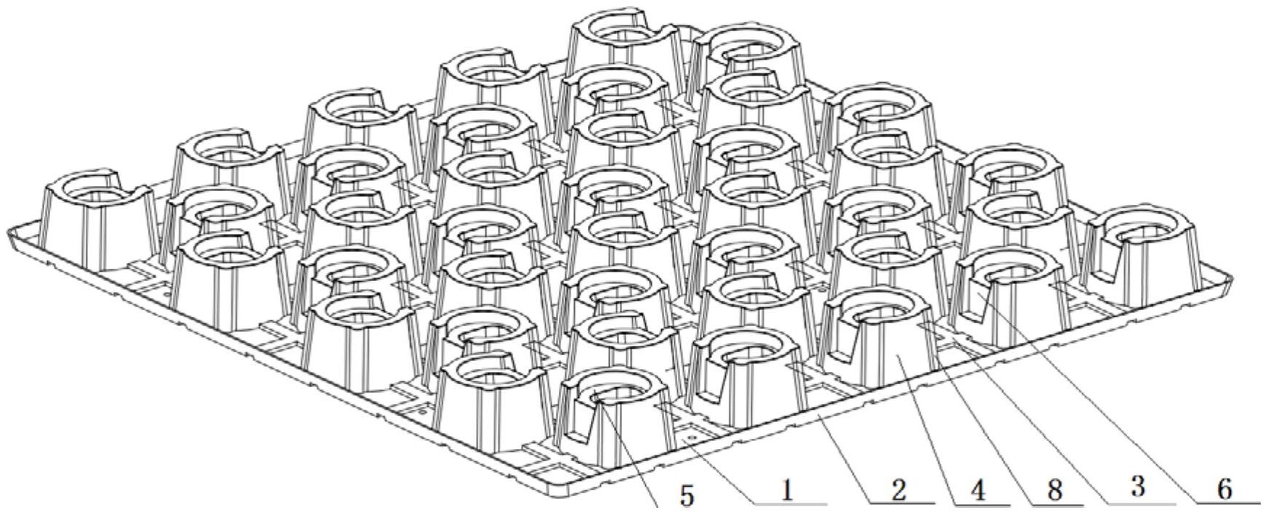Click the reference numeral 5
click(687, 495)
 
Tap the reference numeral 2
click(898, 492)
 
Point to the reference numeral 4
click(977, 492)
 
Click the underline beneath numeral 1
click(790, 503)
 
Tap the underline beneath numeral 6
click(1227, 503)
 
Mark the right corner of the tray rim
click(1231, 280)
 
